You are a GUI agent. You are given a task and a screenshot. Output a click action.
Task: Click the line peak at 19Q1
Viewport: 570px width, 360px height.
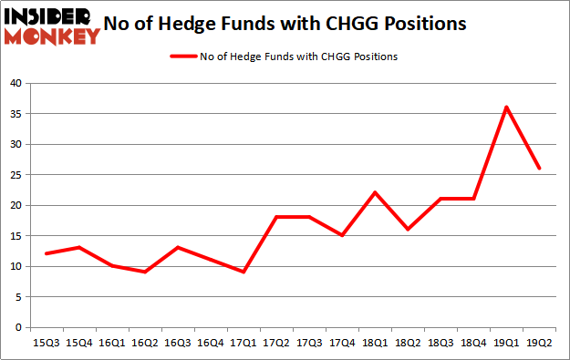(x=506, y=107)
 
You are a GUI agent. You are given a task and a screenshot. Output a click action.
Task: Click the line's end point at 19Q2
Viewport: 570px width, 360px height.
(x=539, y=169)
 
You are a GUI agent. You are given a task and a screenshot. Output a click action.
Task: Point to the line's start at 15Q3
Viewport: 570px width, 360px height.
(x=46, y=253)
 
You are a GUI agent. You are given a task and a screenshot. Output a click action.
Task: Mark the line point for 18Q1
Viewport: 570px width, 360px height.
(x=374, y=192)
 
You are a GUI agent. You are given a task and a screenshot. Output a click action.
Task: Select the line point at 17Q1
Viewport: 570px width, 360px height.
(x=243, y=272)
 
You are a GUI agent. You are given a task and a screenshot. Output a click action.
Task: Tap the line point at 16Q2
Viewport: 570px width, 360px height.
(x=144, y=272)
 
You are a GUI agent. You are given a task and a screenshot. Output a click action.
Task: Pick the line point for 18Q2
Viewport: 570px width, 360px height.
(x=407, y=229)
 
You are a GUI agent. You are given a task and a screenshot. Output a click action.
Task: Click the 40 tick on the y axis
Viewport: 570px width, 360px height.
(x=16, y=83)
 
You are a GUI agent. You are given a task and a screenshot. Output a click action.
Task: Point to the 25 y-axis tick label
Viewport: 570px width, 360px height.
(x=16, y=175)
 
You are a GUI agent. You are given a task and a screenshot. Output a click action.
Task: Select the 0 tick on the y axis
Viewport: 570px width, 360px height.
(x=19, y=327)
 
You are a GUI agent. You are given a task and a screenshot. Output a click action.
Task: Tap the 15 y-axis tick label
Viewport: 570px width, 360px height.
(x=16, y=236)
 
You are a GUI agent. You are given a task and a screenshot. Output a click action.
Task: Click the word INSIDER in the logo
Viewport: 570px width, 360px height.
(x=49, y=16)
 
